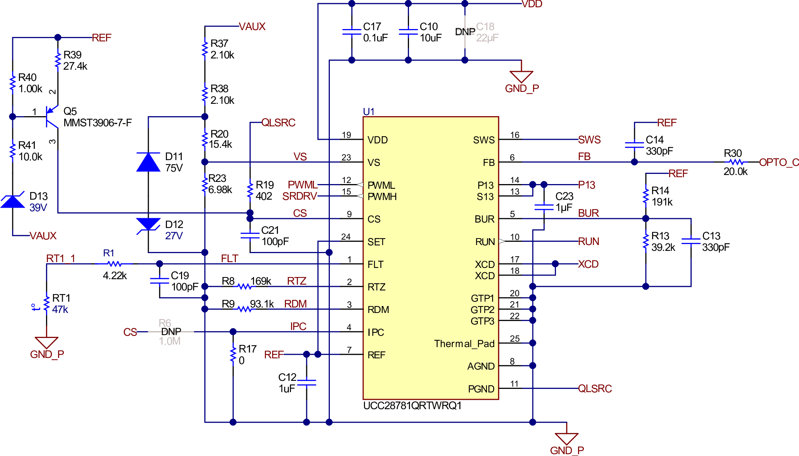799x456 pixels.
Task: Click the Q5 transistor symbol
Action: [x=52, y=117]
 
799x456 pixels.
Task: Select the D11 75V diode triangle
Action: [x=148, y=162]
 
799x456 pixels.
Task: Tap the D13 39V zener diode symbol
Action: [x=13, y=201]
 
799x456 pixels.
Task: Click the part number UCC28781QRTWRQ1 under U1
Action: [x=412, y=406]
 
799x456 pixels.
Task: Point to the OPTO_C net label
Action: [x=779, y=162]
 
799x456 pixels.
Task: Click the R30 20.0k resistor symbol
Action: [x=736, y=162]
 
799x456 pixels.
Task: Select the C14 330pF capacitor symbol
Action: [x=634, y=145]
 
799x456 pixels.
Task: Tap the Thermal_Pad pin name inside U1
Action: [x=464, y=343]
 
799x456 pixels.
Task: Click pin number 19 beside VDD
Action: [x=346, y=135]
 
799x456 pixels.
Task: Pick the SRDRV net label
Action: [x=299, y=196]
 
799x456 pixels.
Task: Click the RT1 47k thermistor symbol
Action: [x=46, y=304]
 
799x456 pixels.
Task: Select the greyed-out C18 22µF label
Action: [x=487, y=32]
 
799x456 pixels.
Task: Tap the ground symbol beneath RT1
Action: [x=46, y=342]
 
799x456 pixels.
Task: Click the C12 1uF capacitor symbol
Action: [x=306, y=383]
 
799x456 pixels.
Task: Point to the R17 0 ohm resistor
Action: [x=233, y=354]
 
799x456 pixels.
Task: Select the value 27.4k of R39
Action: [x=75, y=66]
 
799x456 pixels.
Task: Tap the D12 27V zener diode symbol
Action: [x=148, y=224]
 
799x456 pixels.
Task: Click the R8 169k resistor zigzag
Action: [x=244, y=287]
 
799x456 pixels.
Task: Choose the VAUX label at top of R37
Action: [x=252, y=27]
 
